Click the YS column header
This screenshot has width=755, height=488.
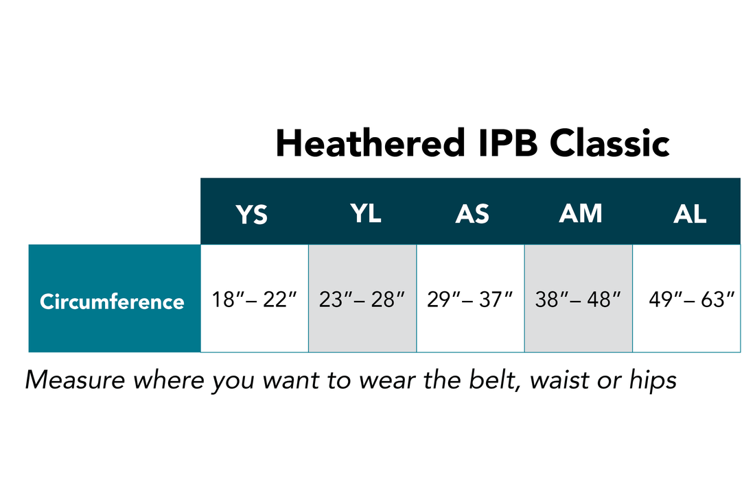[251, 214]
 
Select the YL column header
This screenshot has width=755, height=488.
[365, 213]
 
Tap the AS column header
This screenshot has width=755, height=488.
[472, 214]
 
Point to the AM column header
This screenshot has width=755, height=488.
[580, 213]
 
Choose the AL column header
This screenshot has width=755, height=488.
[690, 214]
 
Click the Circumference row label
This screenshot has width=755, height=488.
[112, 302]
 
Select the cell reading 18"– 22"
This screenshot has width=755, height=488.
[254, 299]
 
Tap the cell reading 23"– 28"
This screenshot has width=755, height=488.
[362, 299]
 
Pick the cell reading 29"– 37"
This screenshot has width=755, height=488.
[470, 299]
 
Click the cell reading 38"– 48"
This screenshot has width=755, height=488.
[579, 299]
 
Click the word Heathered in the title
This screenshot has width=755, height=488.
[370, 143]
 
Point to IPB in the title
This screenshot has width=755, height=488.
[508, 143]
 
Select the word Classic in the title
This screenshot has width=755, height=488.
[609, 143]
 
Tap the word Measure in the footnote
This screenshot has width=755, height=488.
[75, 380]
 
